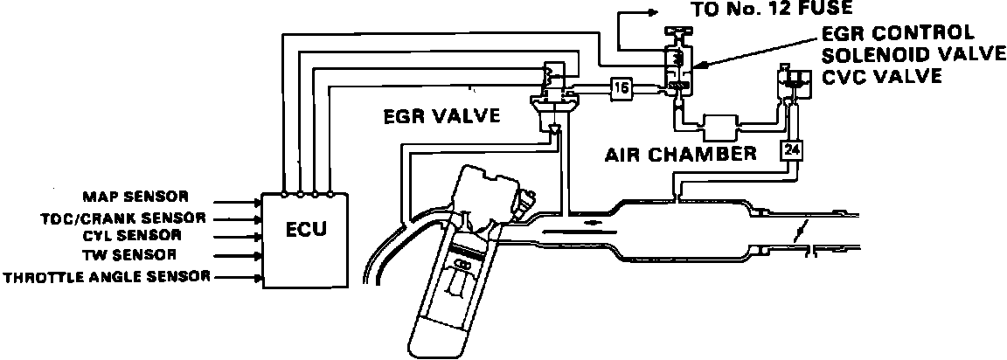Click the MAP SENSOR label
(x=135, y=196)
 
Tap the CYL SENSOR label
(x=132, y=236)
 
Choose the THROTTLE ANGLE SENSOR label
(x=106, y=278)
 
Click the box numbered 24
(x=791, y=150)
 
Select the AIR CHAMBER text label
(x=680, y=156)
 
